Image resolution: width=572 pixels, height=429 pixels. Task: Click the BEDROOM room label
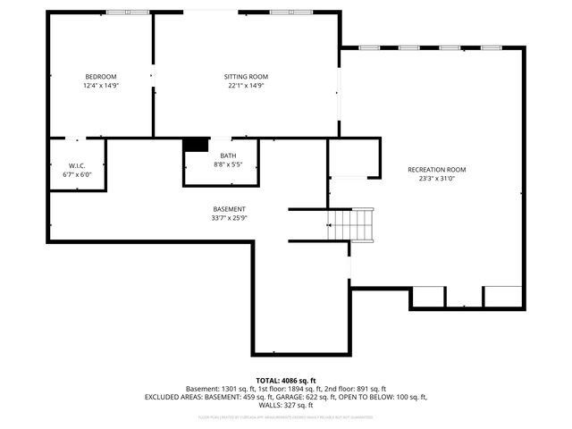pyautogui.click(x=101, y=77)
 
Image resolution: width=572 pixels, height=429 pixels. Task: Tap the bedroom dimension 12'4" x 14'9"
pyautogui.click(x=101, y=86)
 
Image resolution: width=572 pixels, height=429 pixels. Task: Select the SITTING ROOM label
pyautogui.click(x=246, y=77)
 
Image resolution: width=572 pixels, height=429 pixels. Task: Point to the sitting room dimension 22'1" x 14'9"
pyautogui.click(x=246, y=86)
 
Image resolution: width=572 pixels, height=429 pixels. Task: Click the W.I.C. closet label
pyautogui.click(x=76, y=166)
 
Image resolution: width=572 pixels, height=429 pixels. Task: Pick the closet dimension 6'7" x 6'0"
pyautogui.click(x=76, y=175)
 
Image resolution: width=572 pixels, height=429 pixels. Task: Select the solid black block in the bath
pyautogui.click(x=194, y=145)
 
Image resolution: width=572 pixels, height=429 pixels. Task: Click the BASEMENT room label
pyautogui.click(x=229, y=209)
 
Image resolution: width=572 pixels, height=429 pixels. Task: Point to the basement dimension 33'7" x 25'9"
pyautogui.click(x=229, y=218)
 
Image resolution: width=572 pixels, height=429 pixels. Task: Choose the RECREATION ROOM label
pyautogui.click(x=436, y=170)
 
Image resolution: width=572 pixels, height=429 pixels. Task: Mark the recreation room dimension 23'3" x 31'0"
pyautogui.click(x=436, y=179)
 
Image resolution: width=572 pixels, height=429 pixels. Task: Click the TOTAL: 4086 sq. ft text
pyautogui.click(x=286, y=381)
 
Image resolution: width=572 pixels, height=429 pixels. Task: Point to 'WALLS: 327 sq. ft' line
pyautogui.click(x=286, y=405)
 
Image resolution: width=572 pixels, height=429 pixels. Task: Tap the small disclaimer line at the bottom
pyautogui.click(x=286, y=416)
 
